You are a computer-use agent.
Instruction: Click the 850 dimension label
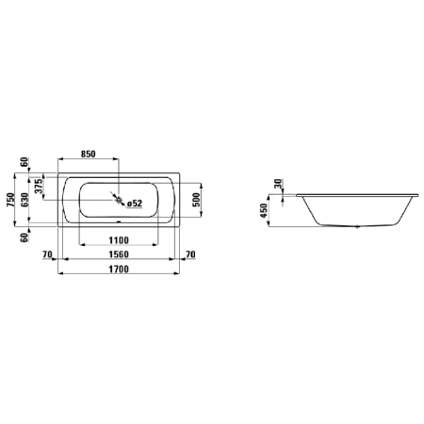[89, 155]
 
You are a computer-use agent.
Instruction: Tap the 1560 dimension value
[117, 254]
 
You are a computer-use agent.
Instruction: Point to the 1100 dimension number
[117, 240]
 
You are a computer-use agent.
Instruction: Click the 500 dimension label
[196, 199]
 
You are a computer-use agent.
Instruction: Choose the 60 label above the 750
[25, 166]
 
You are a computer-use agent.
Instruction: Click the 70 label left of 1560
[46, 254]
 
